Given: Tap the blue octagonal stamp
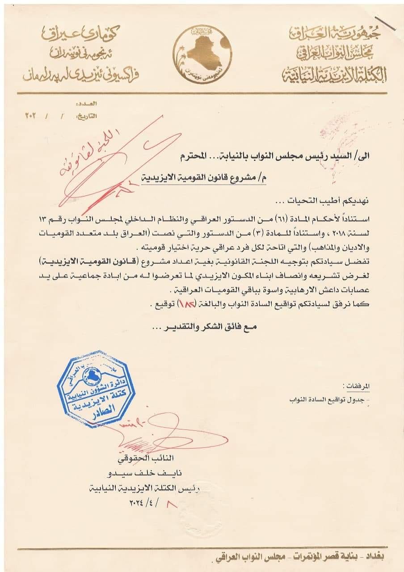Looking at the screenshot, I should pos(96,389).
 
